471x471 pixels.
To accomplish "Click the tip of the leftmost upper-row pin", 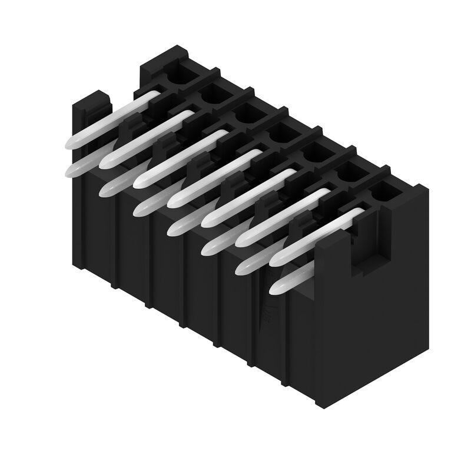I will (71, 142).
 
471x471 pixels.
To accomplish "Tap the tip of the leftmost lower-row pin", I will (75, 170).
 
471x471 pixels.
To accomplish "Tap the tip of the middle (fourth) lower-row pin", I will (176, 228).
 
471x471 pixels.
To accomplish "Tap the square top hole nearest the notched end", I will (381, 191).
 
